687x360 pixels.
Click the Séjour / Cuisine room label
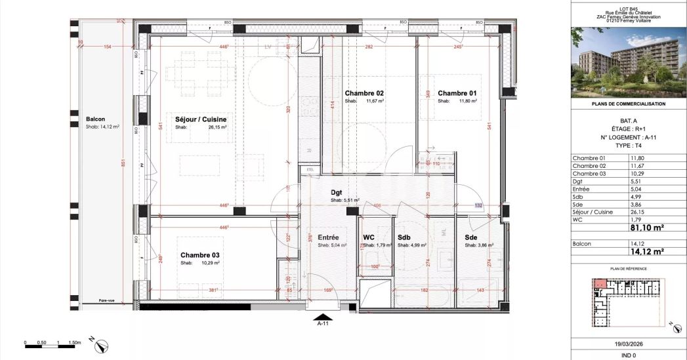coord(201,119)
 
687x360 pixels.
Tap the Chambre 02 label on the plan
coord(364,93)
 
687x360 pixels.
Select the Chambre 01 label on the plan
coord(457,93)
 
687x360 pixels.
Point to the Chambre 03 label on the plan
coord(199,255)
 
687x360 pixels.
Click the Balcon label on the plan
coord(95,119)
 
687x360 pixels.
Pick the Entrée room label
coord(327,237)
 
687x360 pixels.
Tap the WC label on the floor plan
coord(369,237)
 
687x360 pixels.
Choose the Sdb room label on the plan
coord(404,237)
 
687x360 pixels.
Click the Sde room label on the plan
coord(470,237)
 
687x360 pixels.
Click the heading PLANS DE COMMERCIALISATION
coord(629,104)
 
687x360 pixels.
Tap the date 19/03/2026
coord(629,342)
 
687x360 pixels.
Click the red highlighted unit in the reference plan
coord(600,283)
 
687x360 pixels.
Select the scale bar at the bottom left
coord(52,342)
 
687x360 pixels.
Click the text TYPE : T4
coord(629,145)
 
